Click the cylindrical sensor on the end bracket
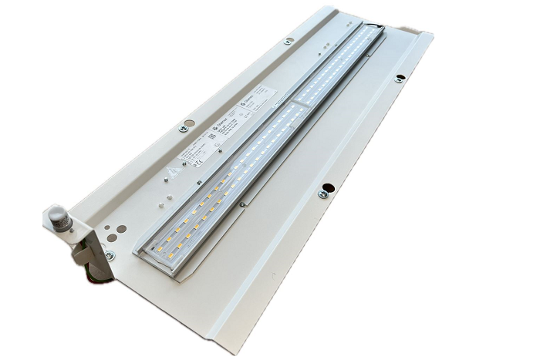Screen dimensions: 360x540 [x=59, y=214]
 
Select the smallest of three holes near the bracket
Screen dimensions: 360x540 [x=113, y=219]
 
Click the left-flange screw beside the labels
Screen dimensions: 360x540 [x=183, y=129]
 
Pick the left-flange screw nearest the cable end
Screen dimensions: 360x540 [x=289, y=41]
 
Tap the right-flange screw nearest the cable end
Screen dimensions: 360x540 [x=399, y=78]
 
